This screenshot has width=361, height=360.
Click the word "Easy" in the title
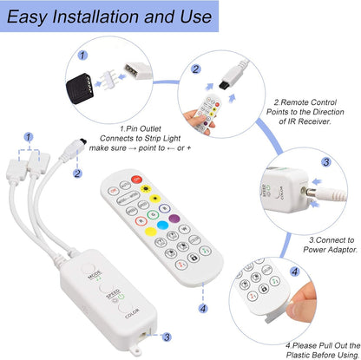pos(32,16)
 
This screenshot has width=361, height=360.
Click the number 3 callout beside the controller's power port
pos(167,337)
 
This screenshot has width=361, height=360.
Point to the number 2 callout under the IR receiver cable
pos(77,173)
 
